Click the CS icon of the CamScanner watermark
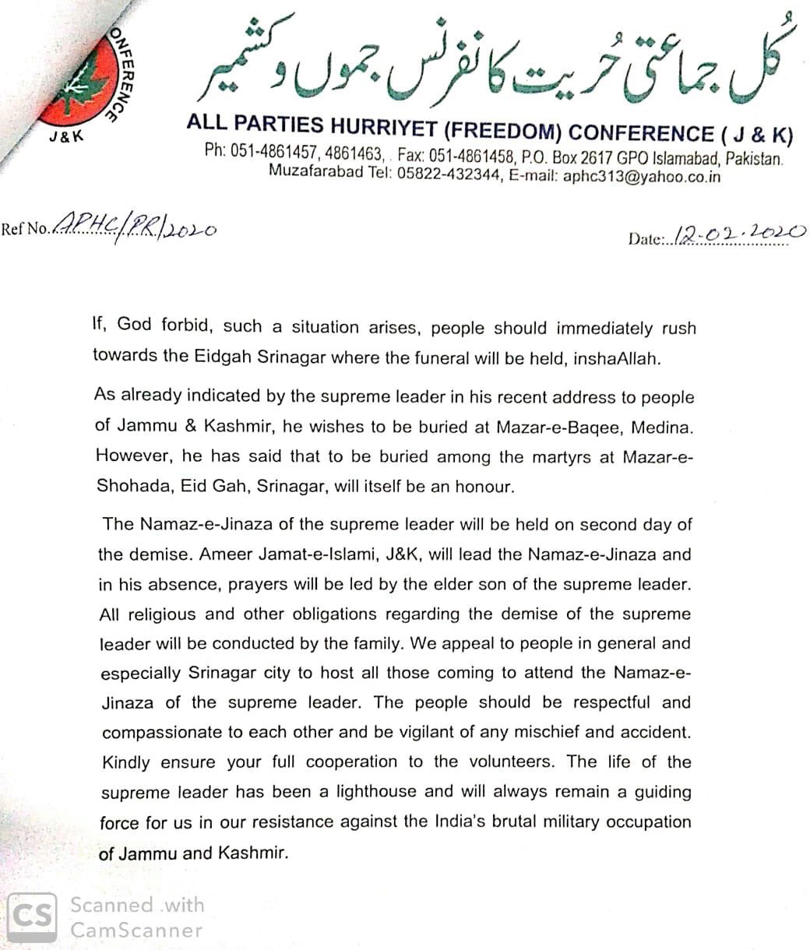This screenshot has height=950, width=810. pyautogui.click(x=32, y=917)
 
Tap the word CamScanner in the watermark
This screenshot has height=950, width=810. pyautogui.click(x=136, y=930)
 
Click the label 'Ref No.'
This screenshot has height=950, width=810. pyautogui.click(x=26, y=230)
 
